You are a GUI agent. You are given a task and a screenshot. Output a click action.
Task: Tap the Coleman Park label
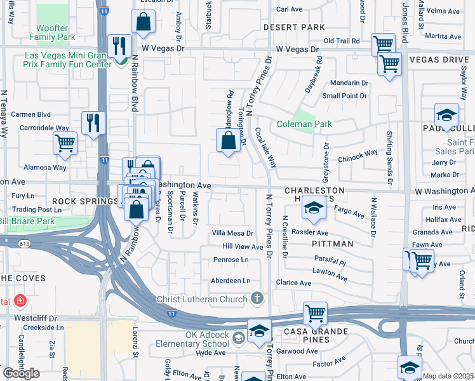[x=295, y=124]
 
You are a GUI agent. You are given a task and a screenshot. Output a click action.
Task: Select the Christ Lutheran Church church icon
[x=257, y=298]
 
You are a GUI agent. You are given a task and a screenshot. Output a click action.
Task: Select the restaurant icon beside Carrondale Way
[x=93, y=122]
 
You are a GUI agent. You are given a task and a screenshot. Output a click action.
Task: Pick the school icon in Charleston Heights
[x=312, y=208]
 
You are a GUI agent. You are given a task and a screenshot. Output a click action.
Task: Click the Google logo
[x=21, y=373]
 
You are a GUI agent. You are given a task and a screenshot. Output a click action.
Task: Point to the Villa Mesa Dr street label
[x=232, y=234]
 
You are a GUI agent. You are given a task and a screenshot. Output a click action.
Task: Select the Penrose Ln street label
[x=231, y=260]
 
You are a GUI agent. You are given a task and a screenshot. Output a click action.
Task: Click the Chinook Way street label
[x=358, y=152]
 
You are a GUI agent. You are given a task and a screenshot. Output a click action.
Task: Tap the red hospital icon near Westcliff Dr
[x=20, y=300]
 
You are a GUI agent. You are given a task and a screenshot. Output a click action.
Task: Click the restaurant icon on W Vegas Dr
[x=119, y=45]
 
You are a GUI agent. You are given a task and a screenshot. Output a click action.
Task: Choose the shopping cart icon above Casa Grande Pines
[x=315, y=312]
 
